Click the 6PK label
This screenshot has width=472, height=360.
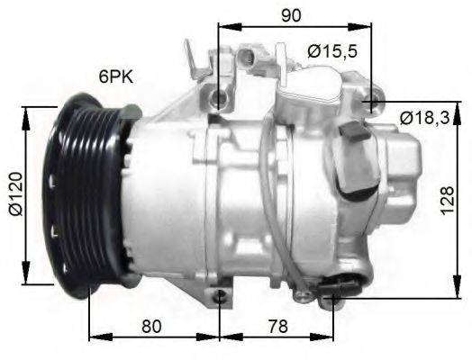pyautogui.click(x=117, y=79)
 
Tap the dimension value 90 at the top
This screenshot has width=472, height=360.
pyautogui.click(x=290, y=15)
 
